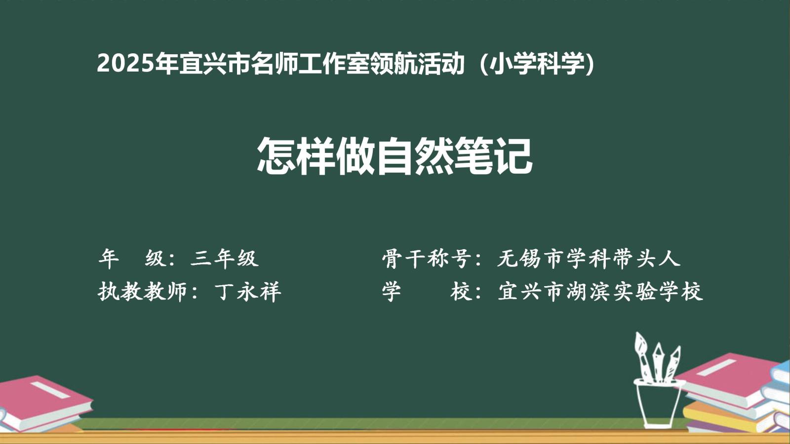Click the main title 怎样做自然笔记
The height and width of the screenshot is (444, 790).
pyautogui.click(x=395, y=156)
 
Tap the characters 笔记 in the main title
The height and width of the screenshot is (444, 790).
pyautogui.click(x=493, y=156)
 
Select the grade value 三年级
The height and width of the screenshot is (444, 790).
pyautogui.click(x=225, y=259)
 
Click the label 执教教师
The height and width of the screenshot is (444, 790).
pyautogui.click(x=143, y=292)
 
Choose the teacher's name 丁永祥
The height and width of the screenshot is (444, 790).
pyautogui.click(x=247, y=292)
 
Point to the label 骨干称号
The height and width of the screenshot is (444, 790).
pyautogui.click(x=427, y=259)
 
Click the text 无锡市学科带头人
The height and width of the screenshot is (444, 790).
pyautogui.click(x=589, y=259)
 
